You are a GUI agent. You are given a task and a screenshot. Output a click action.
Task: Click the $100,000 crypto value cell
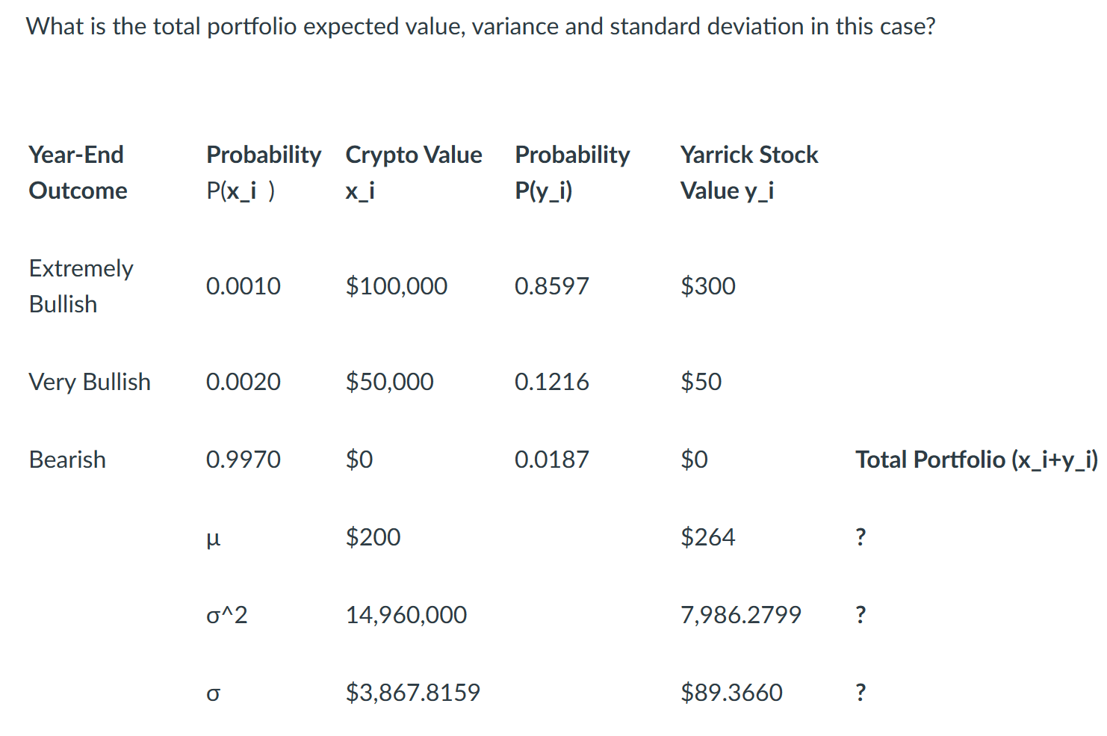click(396, 286)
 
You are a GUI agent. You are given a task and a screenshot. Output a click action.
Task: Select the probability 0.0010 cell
click(243, 286)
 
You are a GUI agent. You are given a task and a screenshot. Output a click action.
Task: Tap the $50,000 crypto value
click(389, 382)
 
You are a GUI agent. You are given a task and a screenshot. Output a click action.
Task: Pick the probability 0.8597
click(551, 286)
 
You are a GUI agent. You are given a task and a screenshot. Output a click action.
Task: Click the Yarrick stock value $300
click(707, 286)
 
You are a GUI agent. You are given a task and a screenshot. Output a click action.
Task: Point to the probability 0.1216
click(551, 382)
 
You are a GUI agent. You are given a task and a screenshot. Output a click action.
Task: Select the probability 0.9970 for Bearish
click(243, 460)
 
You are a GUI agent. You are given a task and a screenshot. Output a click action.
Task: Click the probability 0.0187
click(551, 460)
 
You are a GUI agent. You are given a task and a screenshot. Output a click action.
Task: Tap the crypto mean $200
click(373, 537)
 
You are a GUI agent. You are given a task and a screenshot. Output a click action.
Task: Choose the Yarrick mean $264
click(707, 537)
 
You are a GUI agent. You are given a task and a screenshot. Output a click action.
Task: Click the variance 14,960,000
click(406, 615)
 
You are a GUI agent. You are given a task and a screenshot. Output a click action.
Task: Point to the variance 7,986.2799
click(740, 615)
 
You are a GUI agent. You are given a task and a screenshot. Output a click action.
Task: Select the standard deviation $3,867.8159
click(412, 693)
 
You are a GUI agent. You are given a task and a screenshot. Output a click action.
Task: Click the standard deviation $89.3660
click(731, 693)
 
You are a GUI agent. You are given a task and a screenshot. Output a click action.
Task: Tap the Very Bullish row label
click(90, 382)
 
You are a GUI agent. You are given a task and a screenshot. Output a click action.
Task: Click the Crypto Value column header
click(413, 155)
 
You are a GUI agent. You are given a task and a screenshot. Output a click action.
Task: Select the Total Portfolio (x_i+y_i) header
click(976, 460)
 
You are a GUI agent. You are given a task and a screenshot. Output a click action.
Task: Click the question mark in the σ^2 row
click(861, 615)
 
